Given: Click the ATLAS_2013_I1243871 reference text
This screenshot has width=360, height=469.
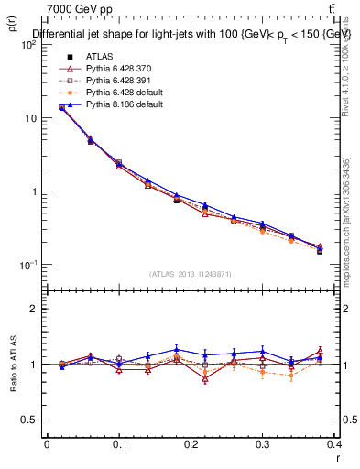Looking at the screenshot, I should (191, 273).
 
